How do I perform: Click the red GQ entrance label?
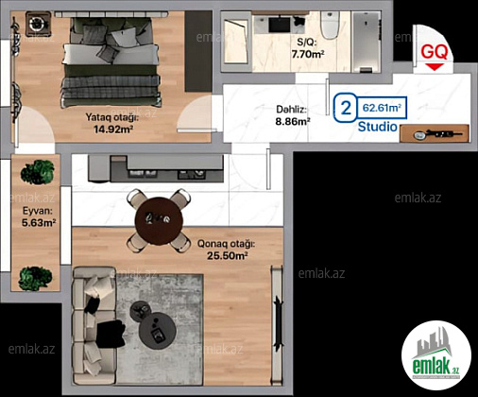(435, 52)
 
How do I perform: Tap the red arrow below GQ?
(435, 67)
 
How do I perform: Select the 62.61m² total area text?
(382, 108)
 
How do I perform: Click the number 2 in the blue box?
(346, 108)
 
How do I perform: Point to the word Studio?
(378, 127)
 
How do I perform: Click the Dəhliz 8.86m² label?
(293, 115)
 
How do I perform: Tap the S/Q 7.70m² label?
(308, 48)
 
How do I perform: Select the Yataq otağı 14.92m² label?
(112, 123)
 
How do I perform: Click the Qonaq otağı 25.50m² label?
(227, 250)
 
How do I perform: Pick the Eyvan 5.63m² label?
(39, 216)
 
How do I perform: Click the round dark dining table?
(159, 221)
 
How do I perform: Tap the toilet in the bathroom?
(330, 26)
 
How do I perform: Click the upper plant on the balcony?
(37, 172)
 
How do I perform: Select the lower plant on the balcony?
(35, 278)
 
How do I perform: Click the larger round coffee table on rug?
(157, 330)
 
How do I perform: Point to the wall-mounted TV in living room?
(278, 320)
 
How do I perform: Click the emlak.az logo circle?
(436, 355)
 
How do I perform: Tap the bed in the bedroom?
(111, 61)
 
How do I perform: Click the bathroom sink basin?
(280, 25)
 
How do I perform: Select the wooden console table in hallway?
(435, 133)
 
